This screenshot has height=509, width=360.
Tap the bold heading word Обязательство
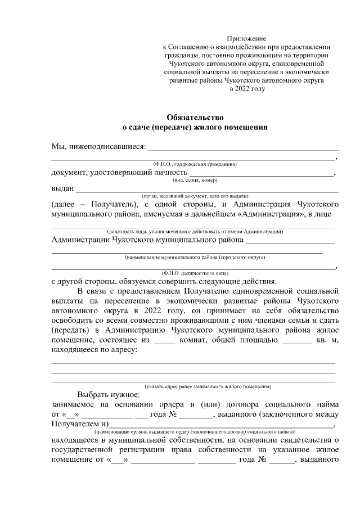195,118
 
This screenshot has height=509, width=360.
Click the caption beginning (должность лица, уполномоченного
195,232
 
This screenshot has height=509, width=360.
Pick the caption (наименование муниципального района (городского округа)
195,257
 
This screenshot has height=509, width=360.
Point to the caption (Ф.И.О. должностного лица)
195,273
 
